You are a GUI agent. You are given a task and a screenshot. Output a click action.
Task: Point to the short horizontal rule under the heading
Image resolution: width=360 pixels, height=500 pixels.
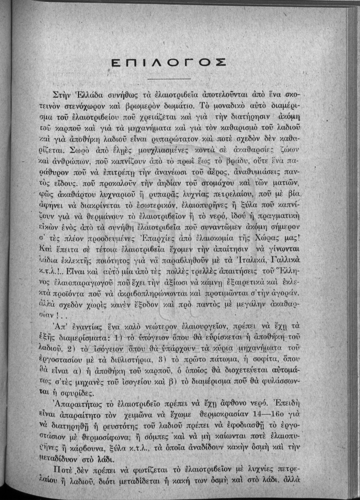pyautogui.click(x=169, y=79)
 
